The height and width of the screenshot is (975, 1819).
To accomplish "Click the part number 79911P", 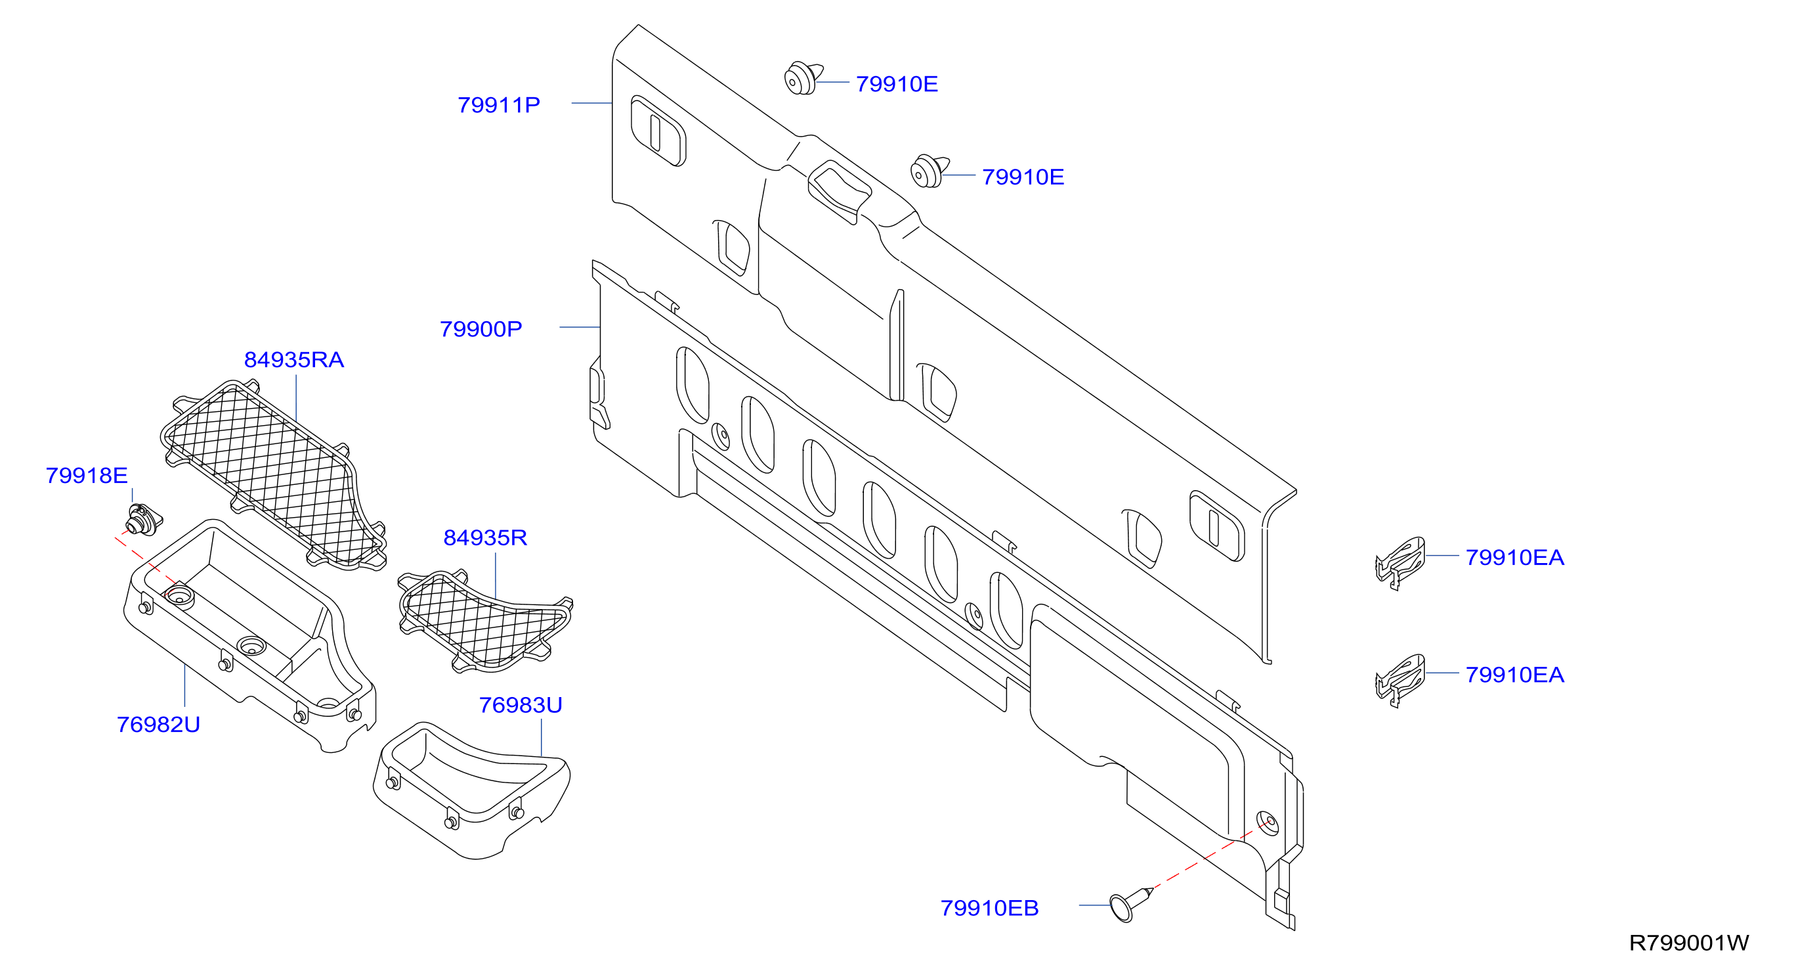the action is pos(498,105).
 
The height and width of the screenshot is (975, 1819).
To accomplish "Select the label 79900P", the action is pos(481,329).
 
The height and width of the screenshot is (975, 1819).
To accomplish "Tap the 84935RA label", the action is pos(293,359).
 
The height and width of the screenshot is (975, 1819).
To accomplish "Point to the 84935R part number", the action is pos(485,537).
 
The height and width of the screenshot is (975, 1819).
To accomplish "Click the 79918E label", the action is pos(87,476).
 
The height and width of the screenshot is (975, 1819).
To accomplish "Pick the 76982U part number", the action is pos(158,724).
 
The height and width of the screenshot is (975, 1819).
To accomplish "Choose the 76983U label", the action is pos(521,705).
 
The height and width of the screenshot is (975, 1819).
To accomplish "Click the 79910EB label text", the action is pos(989,908).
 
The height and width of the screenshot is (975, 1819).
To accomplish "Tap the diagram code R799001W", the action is pos(1689,943).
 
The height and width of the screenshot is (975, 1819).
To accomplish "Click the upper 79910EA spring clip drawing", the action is pos(1400,562).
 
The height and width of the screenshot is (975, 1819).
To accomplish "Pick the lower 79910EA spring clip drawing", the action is pos(1400,679).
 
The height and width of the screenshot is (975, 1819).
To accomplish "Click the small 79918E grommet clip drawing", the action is pos(144,519).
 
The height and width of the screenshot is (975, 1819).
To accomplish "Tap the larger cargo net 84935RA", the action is pos(273,475).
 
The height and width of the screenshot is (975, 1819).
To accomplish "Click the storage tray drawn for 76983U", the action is pos(471,790).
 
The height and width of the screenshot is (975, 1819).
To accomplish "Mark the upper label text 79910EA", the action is pos(1514,557).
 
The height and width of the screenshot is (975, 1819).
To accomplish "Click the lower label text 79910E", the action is pos(1023,177).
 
